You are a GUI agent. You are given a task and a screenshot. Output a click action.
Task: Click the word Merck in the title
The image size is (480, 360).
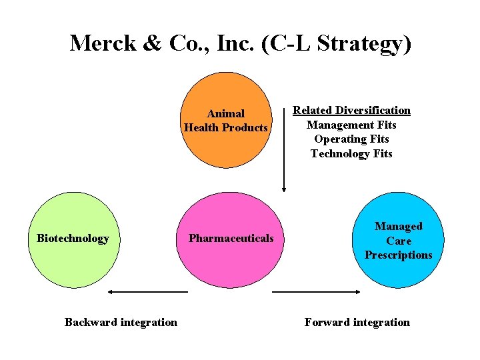pos(103,43)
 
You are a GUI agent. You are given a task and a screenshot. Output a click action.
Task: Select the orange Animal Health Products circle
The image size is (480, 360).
pos(226,100)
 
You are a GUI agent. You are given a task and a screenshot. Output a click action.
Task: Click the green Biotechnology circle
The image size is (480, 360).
pos(73,260)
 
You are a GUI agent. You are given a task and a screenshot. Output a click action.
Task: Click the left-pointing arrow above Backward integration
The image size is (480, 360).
pos(148,292)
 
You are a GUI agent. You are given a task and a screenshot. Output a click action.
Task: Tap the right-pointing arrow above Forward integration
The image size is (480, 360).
pos(317,292)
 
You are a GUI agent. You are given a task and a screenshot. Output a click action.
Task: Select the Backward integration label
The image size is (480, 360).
pos(121,323)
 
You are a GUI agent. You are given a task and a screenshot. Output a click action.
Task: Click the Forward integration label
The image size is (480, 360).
pos(357,323)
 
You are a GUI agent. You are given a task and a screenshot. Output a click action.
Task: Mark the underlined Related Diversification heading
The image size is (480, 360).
pos(351,111)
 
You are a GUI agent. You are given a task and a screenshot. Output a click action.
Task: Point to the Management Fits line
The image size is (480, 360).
pos(351,125)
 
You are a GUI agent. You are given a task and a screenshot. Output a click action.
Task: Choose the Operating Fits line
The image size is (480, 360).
pos(351,139)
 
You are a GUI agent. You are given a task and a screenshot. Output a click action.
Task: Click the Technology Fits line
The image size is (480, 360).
pos(351,154)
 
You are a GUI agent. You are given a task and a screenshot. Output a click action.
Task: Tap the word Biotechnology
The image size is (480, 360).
pos(73,239)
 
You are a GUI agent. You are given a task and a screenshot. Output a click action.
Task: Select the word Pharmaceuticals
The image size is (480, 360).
pos(231,239)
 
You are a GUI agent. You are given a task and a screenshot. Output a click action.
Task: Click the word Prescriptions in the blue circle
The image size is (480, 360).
pos(398,255)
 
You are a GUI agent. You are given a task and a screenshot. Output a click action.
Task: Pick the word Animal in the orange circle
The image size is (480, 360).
pos(226,114)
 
